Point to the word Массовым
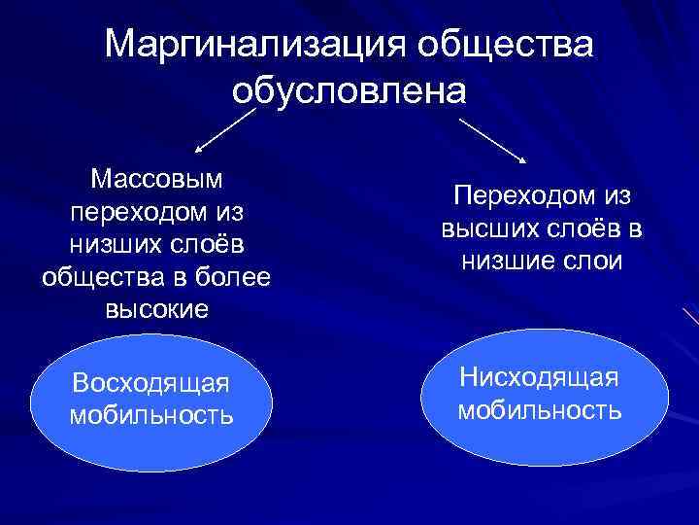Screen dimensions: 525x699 (x=155, y=178)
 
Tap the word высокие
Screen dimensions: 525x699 (x=155, y=310)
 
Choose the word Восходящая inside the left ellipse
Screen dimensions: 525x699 (x=151, y=382)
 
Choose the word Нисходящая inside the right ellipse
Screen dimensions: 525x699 (x=539, y=375)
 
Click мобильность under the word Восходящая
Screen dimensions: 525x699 (x=151, y=415)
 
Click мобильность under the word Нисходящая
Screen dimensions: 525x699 (x=539, y=408)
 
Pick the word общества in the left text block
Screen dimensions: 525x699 (x=90, y=277)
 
